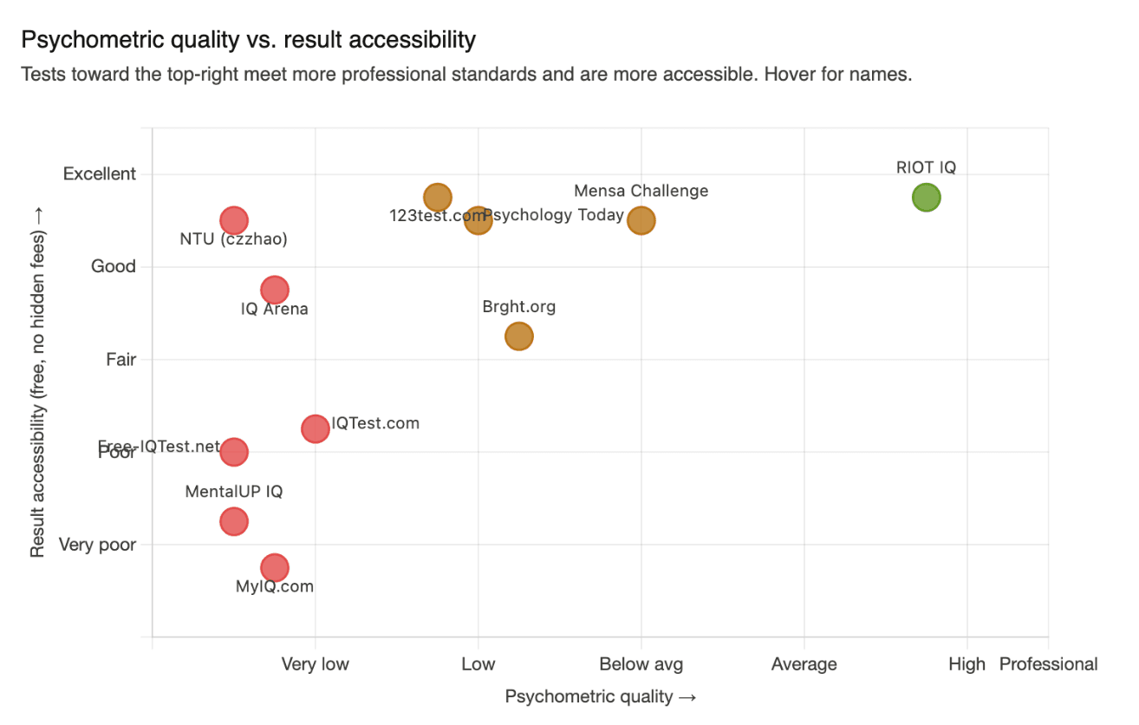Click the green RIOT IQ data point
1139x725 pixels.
tap(926, 198)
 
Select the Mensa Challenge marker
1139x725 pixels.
tap(641, 220)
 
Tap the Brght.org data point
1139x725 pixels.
tap(518, 336)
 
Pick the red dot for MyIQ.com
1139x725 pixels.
tap(274, 568)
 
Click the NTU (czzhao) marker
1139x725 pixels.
tap(233, 220)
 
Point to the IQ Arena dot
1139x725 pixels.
tap(274, 290)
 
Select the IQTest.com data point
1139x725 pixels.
tap(316, 428)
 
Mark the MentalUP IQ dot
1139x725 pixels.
tap(233, 521)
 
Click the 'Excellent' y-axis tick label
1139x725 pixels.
tap(100, 174)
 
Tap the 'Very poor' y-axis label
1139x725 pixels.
tap(97, 545)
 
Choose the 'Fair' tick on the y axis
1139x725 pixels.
tap(120, 359)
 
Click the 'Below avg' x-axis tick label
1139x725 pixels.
tap(641, 664)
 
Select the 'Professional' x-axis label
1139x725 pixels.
tap(1048, 664)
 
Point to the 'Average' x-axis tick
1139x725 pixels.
tap(804, 664)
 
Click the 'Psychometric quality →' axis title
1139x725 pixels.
tap(601, 696)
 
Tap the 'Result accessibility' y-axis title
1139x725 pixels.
tap(38, 382)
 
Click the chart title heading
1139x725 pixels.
tap(249, 40)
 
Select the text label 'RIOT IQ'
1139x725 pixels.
tap(926, 168)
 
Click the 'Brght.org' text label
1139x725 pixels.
tap(518, 307)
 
